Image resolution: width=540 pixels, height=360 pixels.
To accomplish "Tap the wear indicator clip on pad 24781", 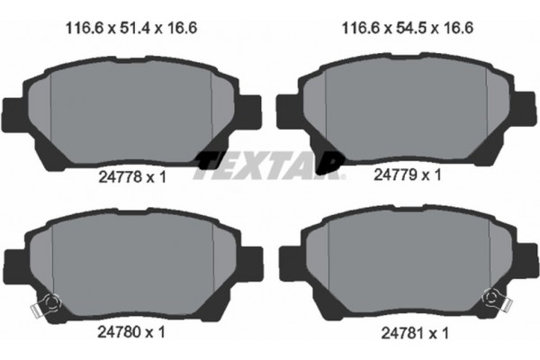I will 493,299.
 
